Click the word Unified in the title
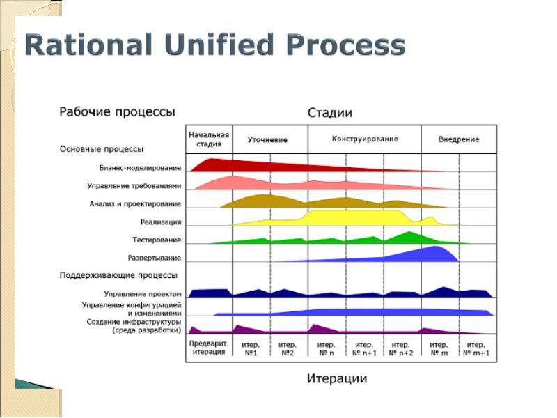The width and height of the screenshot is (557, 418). [219, 45]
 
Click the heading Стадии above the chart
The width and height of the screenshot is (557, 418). [329, 113]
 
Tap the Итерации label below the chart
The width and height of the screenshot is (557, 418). [337, 378]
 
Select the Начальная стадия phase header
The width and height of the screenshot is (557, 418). [209, 139]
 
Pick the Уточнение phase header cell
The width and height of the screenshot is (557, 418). [267, 140]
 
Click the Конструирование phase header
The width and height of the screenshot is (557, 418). [365, 139]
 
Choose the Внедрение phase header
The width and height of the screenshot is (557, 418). [459, 139]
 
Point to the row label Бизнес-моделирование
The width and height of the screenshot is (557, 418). [140, 168]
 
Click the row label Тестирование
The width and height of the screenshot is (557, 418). [157, 240]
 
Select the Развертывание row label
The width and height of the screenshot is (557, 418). [154, 258]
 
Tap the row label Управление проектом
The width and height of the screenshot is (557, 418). [143, 294]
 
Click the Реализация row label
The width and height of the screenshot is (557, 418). [161, 222]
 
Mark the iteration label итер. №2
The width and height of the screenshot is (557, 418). [287, 349]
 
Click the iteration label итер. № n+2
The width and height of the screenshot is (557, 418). [401, 349]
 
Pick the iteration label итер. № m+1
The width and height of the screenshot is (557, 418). [476, 349]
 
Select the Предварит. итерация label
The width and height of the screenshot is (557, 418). [209, 348]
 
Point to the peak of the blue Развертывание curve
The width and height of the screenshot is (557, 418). [436, 247]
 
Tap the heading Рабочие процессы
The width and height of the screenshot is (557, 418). [117, 112]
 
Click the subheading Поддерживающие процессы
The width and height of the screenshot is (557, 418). [118, 275]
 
